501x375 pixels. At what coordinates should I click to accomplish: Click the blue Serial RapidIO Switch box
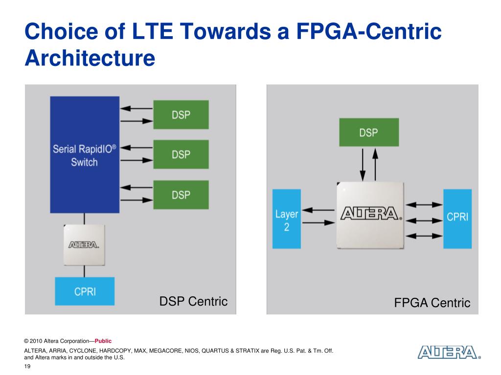point(85,154)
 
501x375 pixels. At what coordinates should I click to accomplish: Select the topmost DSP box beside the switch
point(181,115)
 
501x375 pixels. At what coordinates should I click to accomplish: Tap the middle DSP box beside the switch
point(181,154)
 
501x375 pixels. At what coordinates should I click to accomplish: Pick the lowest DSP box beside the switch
point(181,195)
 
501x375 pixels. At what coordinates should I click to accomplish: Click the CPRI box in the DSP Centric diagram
point(85,292)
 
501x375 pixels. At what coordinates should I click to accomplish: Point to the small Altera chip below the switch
point(85,245)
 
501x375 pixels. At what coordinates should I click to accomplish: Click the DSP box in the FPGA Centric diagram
point(369,132)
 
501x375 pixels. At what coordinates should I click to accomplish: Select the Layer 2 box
point(286,219)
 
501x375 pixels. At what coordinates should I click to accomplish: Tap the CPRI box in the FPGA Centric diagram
point(457,218)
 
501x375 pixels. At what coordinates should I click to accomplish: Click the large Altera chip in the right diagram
point(370,215)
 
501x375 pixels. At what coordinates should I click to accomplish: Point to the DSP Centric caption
point(193,301)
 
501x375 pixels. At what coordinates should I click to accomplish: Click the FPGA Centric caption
point(432,303)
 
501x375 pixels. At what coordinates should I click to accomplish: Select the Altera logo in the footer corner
point(448,353)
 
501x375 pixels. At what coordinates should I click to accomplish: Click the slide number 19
point(27,367)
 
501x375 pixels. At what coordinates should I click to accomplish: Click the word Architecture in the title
point(90,58)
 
